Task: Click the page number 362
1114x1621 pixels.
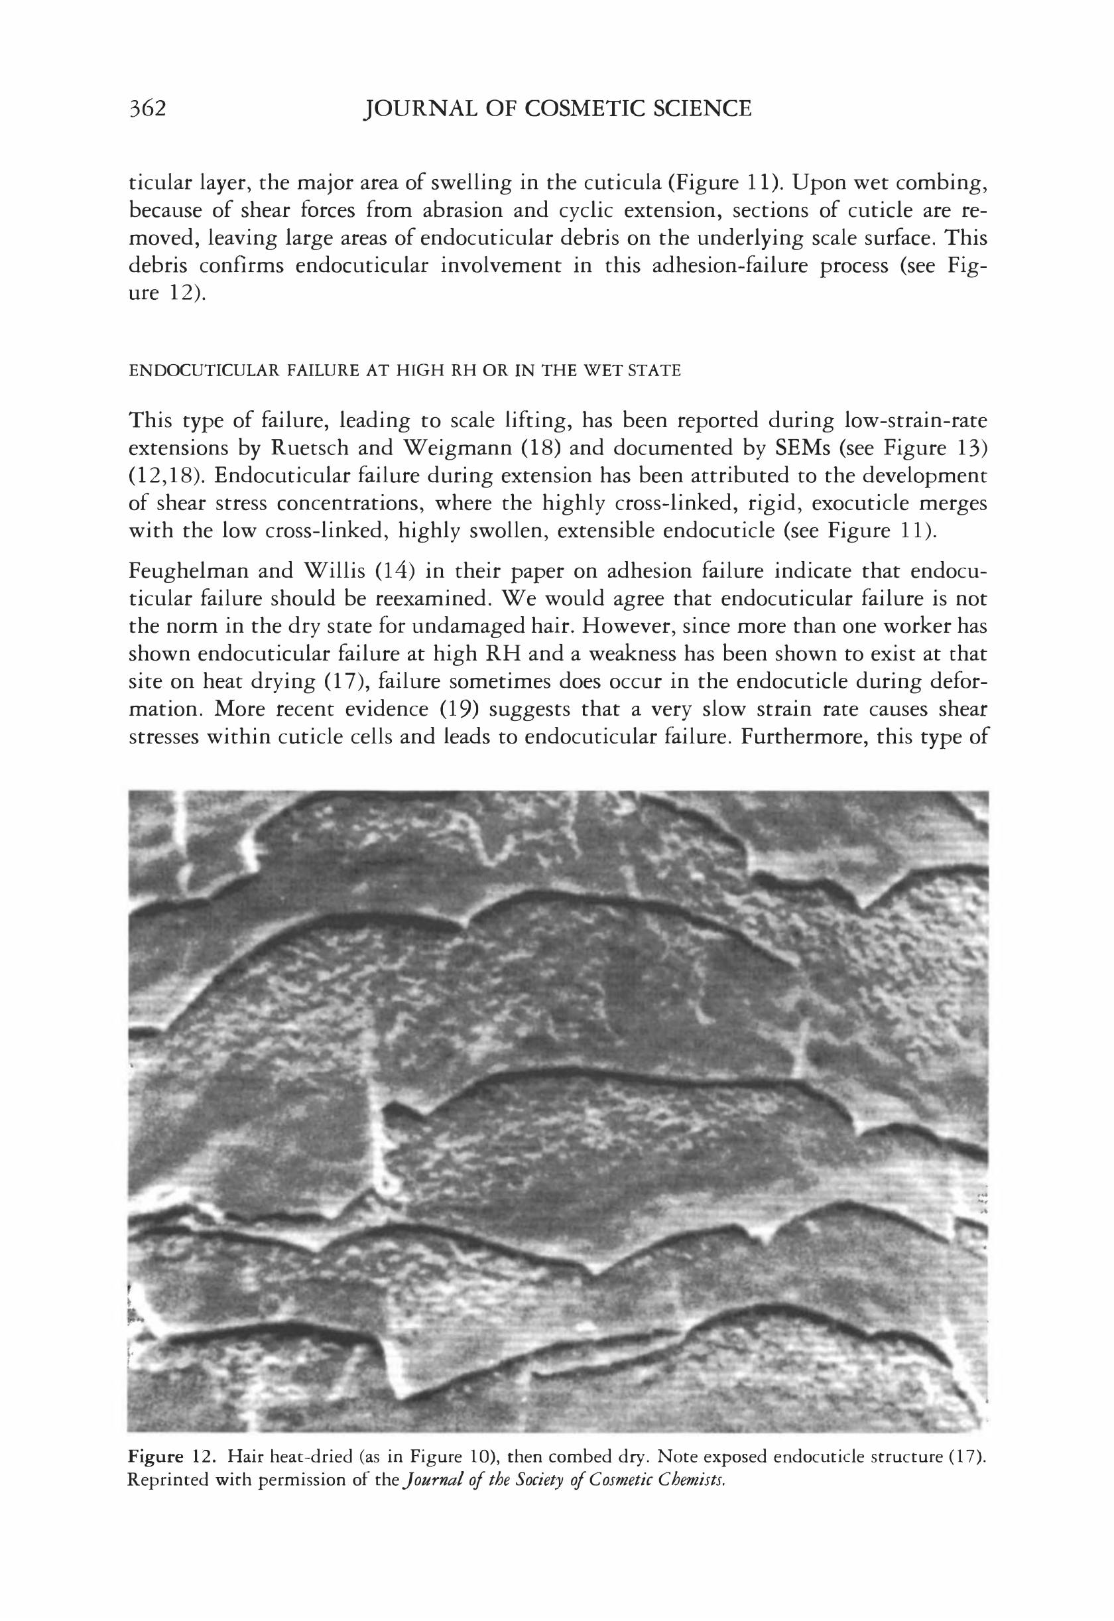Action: [147, 109]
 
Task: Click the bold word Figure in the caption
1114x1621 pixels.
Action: [155, 1457]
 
